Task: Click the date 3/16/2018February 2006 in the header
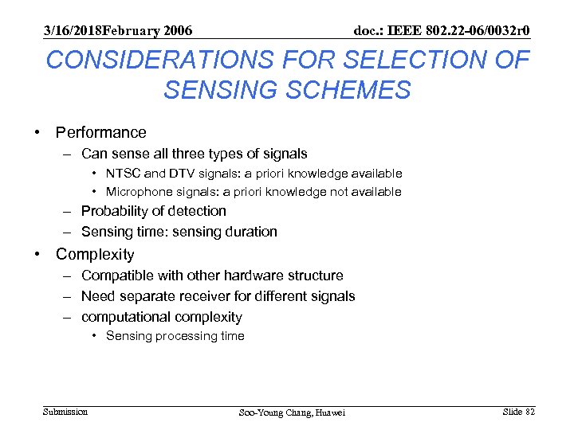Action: (x=118, y=31)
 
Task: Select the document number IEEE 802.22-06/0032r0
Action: (x=442, y=31)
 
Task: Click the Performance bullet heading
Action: (x=100, y=132)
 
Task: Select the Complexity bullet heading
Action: (x=95, y=255)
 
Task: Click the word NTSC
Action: (x=124, y=174)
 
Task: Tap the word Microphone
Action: (x=138, y=192)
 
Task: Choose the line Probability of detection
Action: (x=153, y=211)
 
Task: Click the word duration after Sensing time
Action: (x=251, y=232)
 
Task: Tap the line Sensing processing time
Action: (x=175, y=336)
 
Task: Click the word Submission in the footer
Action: (x=65, y=412)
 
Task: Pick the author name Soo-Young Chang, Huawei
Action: (x=293, y=412)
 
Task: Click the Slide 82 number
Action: (x=519, y=412)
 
